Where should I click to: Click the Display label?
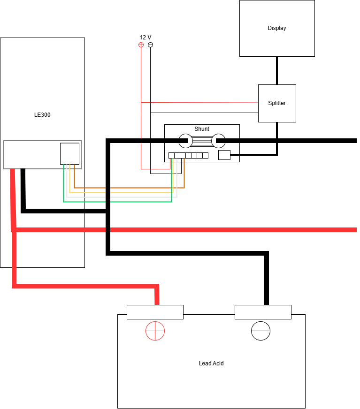(277, 28)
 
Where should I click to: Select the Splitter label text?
(277, 103)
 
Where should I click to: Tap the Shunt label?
(202, 129)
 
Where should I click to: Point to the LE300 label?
(42, 115)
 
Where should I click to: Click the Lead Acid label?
(211, 364)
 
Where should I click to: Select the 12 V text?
(146, 38)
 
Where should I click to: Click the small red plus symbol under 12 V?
(141, 45)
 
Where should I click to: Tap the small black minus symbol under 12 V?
(150, 45)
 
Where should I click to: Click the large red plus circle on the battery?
(155, 331)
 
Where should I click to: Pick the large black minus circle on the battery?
(260, 331)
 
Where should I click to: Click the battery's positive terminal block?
(155, 312)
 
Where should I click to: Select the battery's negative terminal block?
(263, 312)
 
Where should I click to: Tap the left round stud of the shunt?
(185, 141)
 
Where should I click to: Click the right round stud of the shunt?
(218, 141)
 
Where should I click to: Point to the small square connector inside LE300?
(70, 154)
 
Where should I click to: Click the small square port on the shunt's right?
(224, 155)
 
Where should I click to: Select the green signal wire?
(117, 202)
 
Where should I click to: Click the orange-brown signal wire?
(129, 188)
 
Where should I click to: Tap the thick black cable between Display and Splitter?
(277, 70)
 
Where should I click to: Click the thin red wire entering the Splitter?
(199, 102)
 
